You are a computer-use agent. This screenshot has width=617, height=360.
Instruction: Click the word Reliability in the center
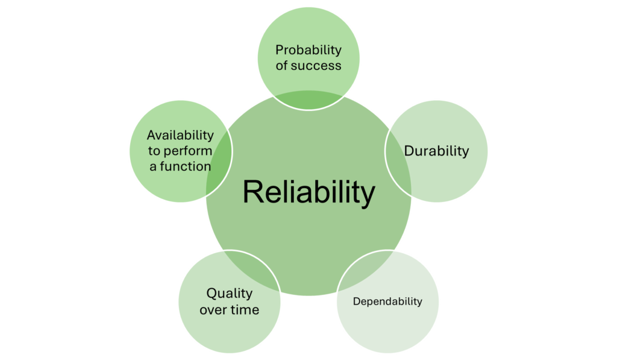[308, 193]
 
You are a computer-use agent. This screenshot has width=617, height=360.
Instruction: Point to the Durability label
[436, 151]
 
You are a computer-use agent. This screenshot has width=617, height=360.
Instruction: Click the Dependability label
[387, 301]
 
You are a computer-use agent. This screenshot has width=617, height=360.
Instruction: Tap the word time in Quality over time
[246, 310]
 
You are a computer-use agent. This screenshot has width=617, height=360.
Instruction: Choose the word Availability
[180, 135]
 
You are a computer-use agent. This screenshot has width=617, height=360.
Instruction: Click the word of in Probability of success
[281, 66]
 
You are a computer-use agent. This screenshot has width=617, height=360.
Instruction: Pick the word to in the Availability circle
[154, 151]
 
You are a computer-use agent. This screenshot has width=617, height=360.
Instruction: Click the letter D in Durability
[409, 151]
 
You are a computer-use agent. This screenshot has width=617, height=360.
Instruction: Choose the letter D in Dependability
[356, 301]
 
